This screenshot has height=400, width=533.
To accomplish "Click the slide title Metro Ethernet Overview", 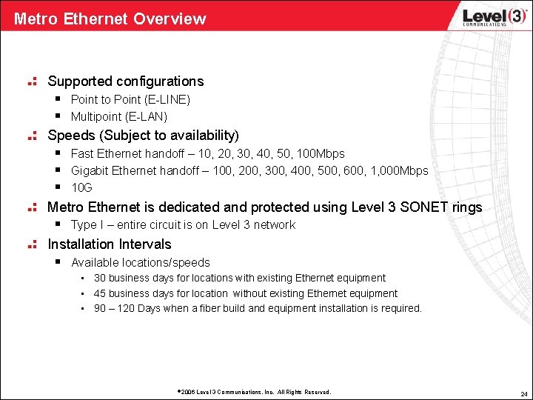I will (110, 19).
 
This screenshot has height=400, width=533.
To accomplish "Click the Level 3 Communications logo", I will (485, 17).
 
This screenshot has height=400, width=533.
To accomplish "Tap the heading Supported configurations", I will (125, 81).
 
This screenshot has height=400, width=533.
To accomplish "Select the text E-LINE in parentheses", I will (168, 99).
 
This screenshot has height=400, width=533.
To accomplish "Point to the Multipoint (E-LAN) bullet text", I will (118, 116).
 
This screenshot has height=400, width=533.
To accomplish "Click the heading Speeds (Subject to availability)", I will (143, 136).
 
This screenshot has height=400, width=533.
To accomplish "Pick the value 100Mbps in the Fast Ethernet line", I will (320, 154).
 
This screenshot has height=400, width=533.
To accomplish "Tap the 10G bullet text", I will (81, 188).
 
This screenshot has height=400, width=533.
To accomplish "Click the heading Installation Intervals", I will (109, 244).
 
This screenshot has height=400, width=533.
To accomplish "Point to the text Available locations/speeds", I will (140, 263).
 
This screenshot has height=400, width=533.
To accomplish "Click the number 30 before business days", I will (100, 279).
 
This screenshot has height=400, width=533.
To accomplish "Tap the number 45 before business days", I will (100, 293).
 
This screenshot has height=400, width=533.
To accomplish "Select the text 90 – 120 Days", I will (127, 308).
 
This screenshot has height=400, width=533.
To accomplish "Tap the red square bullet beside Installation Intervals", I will (32, 244).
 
